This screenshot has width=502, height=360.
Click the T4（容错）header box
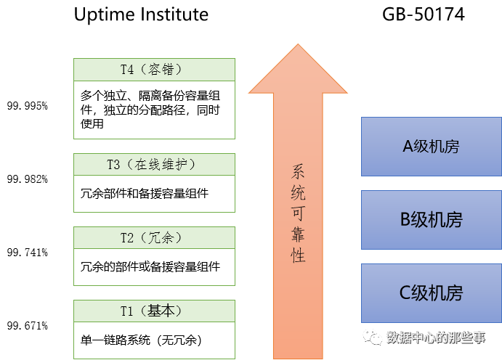pyautogui.click(x=155, y=70)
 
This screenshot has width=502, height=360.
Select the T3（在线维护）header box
pyautogui.click(x=155, y=164)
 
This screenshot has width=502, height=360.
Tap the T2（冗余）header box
pyautogui.click(x=155, y=237)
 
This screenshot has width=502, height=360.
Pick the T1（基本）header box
pyautogui.click(x=155, y=311)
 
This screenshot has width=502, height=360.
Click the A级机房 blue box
pyautogui.click(x=431, y=147)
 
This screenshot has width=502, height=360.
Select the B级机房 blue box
pyautogui.click(x=431, y=220)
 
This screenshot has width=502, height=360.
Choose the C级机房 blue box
pyautogui.click(x=431, y=293)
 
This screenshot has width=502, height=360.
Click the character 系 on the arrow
pyautogui.click(x=298, y=173)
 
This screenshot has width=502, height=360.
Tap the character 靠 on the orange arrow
pyautogui.click(x=298, y=235)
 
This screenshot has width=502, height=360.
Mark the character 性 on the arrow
pyautogui.click(x=298, y=255)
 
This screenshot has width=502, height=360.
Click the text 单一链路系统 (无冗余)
pyautogui.click(x=141, y=340)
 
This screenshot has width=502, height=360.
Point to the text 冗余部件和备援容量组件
pyautogui.click(x=145, y=194)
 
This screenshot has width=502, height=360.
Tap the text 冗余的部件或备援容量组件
pyautogui.click(x=150, y=266)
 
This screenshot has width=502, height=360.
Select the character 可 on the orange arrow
pyautogui.click(x=298, y=214)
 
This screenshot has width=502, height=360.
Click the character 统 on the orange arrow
pyautogui.click(x=298, y=194)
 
